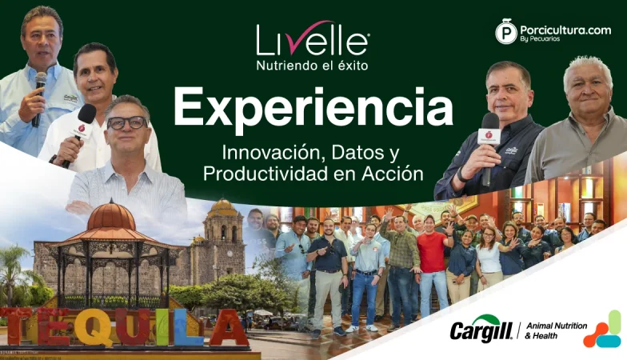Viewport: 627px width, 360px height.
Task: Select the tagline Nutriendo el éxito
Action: coord(312,65)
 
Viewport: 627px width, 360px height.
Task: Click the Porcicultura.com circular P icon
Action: coord(505,32)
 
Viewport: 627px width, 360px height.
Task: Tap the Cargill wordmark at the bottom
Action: coord(481,330)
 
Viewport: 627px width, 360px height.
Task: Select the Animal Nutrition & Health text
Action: coord(556,330)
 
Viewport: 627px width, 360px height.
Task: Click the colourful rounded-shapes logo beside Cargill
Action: coord(602,330)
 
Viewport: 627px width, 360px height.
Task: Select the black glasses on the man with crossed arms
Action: coord(127,122)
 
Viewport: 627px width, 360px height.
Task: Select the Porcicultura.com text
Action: coord(565,30)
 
